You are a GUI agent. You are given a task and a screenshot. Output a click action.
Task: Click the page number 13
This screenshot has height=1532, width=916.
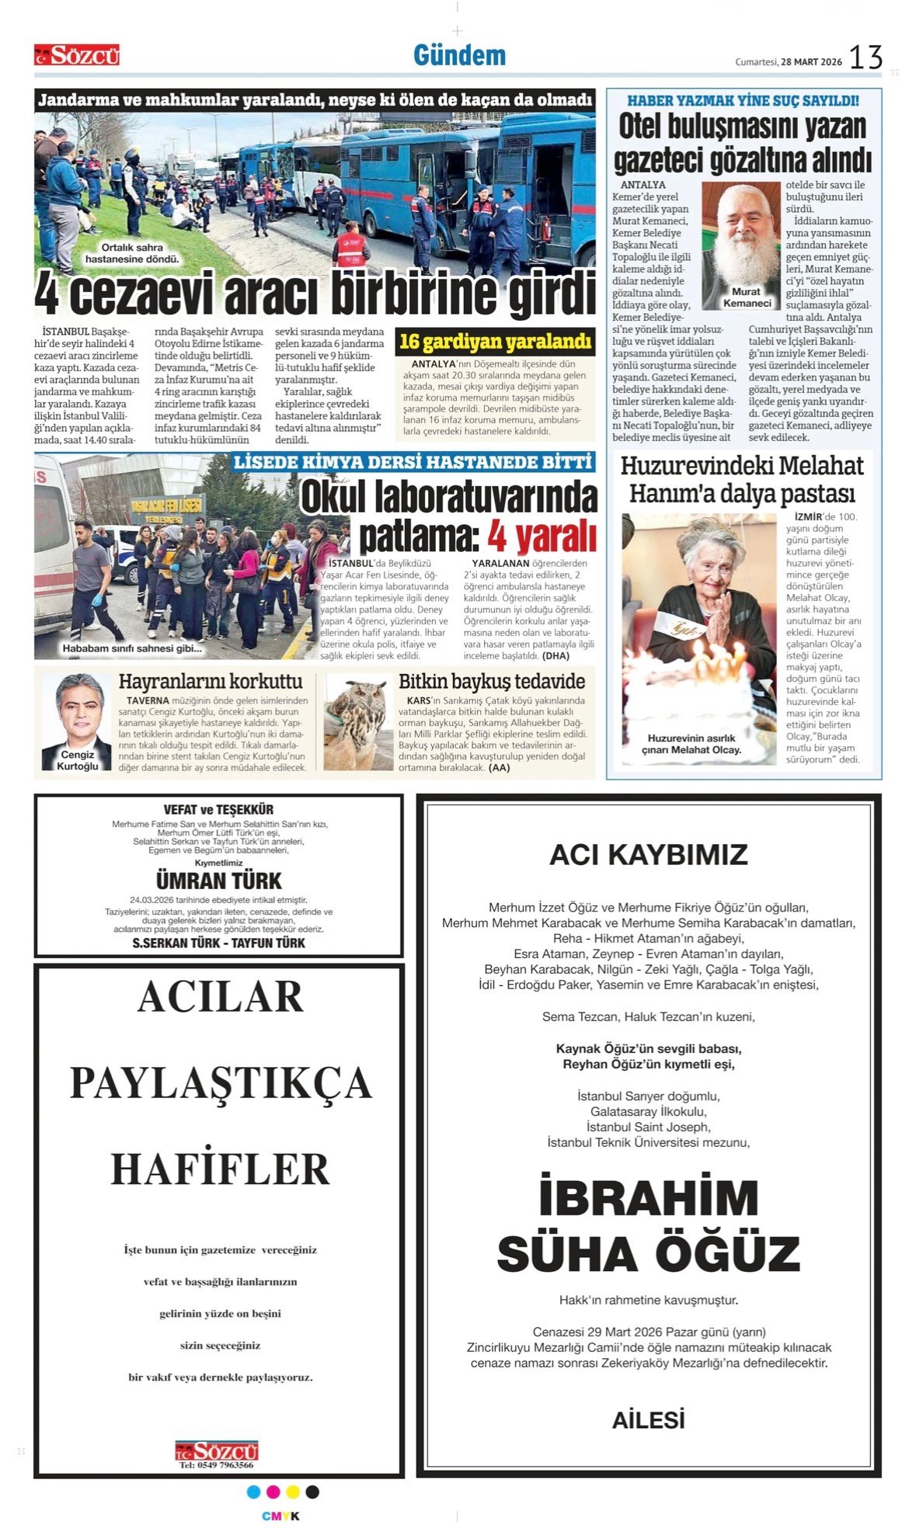[x=865, y=57]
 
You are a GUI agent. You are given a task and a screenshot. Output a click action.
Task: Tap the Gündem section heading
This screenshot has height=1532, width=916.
[x=459, y=56]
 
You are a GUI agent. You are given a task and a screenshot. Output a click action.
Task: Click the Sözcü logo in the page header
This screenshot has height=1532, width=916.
[x=77, y=55]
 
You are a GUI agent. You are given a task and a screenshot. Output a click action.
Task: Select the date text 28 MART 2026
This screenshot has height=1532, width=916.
[x=811, y=62]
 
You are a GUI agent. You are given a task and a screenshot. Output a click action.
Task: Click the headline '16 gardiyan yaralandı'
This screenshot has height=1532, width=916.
[x=495, y=342]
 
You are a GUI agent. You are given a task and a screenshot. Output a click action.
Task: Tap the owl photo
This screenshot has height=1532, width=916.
[x=358, y=721]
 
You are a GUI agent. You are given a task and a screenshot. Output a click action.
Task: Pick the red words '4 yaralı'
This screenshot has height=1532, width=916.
[x=542, y=537]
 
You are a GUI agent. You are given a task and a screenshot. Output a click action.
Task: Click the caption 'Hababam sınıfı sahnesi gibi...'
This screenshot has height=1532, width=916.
[x=132, y=648]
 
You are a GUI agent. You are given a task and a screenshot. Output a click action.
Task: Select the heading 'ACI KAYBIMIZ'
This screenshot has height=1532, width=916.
[x=648, y=855]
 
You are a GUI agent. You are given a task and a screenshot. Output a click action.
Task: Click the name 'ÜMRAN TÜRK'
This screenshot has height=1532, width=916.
[x=219, y=881]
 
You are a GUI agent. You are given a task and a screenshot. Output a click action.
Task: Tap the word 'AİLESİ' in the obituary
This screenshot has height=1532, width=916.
[x=648, y=1420]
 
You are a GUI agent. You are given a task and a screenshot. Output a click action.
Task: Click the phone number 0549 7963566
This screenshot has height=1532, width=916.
[x=217, y=1465]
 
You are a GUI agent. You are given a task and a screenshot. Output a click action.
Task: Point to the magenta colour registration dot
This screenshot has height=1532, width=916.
[x=273, y=1492]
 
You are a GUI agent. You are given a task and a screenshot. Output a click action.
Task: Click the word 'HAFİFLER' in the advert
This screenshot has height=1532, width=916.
[x=220, y=1169]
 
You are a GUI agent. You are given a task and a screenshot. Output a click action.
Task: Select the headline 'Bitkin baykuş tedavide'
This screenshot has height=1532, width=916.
[x=491, y=682]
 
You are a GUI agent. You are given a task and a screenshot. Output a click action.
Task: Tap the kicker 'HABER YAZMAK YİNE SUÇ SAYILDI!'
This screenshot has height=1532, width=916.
[x=743, y=100]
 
